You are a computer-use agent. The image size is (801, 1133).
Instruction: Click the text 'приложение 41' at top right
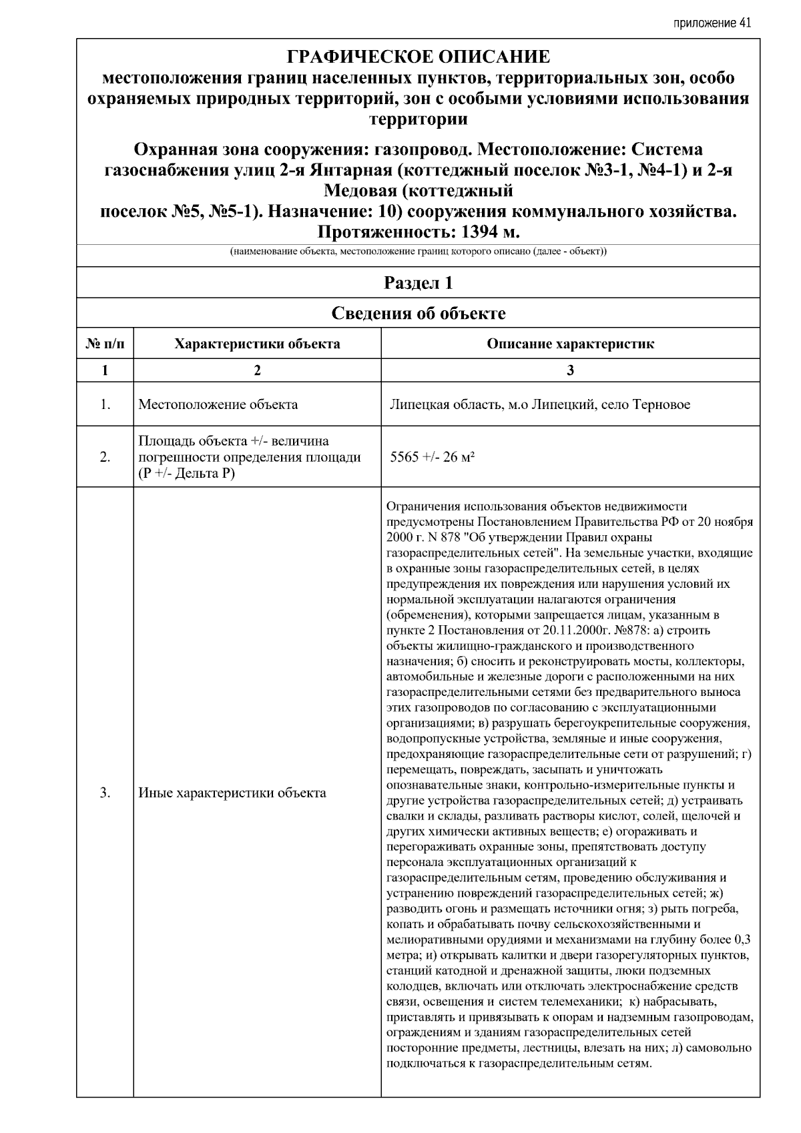712,23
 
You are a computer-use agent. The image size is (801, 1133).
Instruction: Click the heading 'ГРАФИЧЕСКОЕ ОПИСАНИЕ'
418,57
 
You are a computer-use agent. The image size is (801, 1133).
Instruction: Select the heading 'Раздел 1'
418,283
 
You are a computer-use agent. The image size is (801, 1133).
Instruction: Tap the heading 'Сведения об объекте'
418,313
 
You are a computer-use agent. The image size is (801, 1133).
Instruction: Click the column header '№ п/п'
105,344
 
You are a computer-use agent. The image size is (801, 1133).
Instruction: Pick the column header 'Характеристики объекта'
257,344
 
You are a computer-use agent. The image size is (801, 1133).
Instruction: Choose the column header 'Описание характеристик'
570,344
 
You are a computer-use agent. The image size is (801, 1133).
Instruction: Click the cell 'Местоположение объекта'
218,404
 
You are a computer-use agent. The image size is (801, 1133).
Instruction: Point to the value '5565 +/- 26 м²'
432,457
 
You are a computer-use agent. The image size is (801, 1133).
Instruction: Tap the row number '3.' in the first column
105,793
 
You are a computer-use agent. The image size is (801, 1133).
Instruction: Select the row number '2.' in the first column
105,457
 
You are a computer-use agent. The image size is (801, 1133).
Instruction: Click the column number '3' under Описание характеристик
570,371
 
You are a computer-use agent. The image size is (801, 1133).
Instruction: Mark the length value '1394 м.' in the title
483,232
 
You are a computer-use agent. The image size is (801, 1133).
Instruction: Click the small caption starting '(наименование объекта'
418,252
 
